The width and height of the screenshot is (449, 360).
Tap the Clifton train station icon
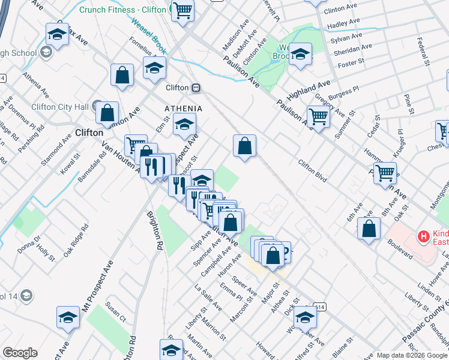pos(196,88)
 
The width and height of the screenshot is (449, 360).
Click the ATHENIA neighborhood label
pos(184,109)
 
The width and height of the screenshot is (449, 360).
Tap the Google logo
pos(20,353)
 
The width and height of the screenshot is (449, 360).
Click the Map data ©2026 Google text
pos(411,355)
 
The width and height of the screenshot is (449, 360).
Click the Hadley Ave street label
pos(343,25)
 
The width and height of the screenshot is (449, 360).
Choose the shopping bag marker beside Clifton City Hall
pos(107,112)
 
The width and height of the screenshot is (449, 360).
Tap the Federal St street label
pos(424,53)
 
